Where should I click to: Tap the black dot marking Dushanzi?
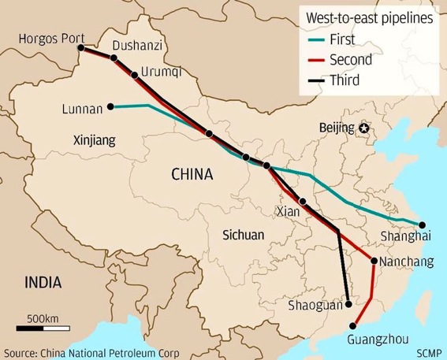(x=115, y=58)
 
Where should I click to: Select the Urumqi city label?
(x=162, y=72)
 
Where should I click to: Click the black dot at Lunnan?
(x=111, y=106)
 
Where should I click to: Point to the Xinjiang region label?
(x=94, y=140)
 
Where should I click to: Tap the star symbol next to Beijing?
(x=363, y=128)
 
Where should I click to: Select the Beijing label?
(x=337, y=128)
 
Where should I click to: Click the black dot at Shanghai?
(x=422, y=225)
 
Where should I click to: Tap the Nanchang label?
(x=407, y=262)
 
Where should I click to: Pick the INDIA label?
(x=45, y=282)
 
